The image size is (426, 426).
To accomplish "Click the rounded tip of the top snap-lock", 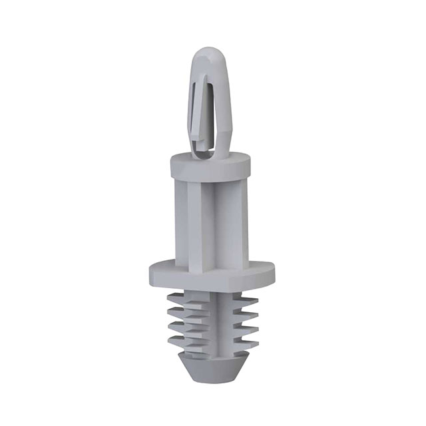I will click(x=211, y=55).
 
